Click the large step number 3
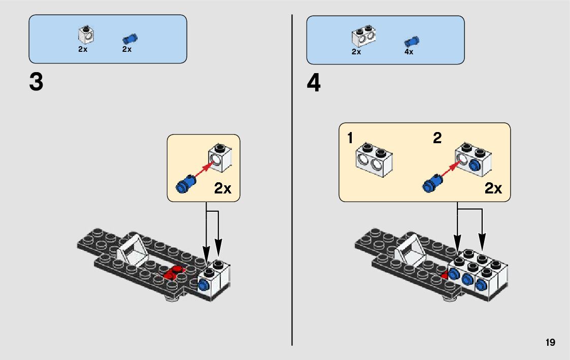click(x=36, y=83)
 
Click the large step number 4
click(x=314, y=84)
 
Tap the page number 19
click(x=551, y=343)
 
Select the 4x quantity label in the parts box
click(x=409, y=52)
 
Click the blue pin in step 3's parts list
click(x=130, y=39)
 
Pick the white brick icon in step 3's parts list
click(x=86, y=35)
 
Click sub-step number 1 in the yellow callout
click(x=350, y=138)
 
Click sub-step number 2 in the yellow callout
click(x=437, y=138)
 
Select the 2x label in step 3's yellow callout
click(x=222, y=189)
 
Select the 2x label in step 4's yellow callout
click(x=493, y=189)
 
